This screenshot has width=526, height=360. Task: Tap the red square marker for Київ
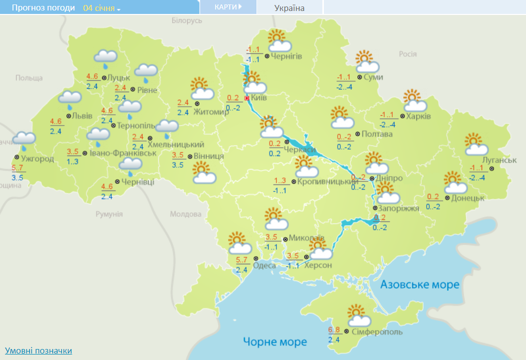[247, 98]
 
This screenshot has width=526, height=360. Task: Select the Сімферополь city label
[377, 332]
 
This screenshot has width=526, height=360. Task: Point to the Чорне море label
[274, 342]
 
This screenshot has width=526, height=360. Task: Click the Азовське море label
[419, 284]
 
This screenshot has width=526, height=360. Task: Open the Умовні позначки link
[38, 351]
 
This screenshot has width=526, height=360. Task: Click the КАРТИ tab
[228, 7]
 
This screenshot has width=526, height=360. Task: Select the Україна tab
[289, 7]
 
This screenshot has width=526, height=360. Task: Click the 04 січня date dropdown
[102, 8]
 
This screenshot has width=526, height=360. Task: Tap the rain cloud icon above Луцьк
[105, 58]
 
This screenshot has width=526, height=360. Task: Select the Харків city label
[418, 117]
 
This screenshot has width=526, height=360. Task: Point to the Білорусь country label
[187, 20]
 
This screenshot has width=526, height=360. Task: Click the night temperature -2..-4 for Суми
[344, 87]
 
